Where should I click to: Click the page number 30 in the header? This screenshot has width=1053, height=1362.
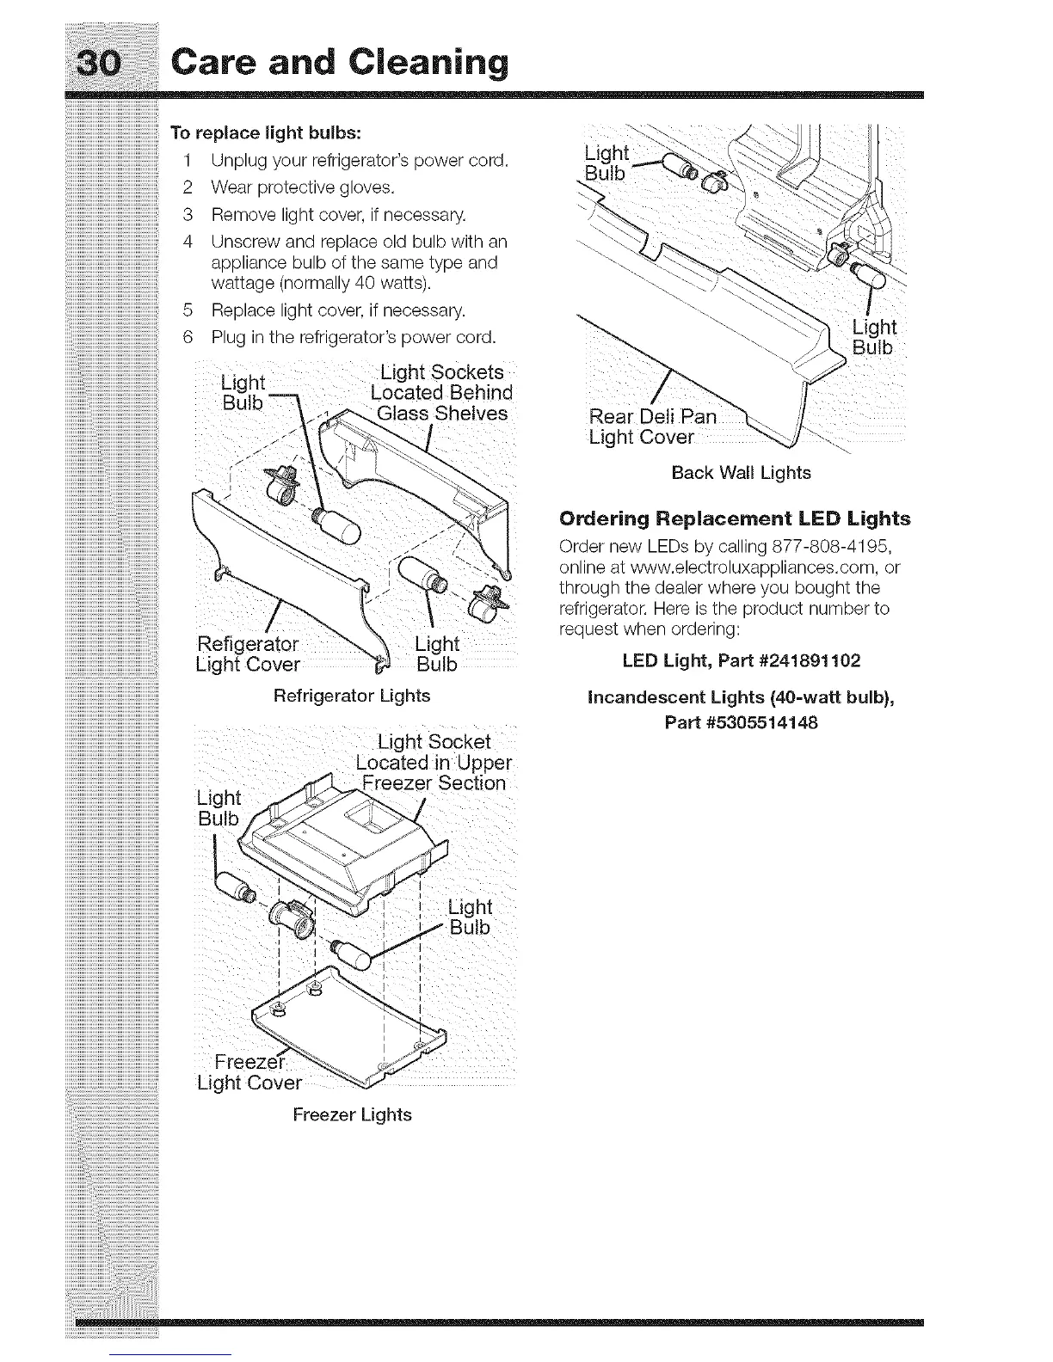(110, 63)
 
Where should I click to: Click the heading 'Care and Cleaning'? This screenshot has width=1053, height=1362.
(337, 62)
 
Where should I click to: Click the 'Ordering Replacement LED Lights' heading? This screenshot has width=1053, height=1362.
(735, 518)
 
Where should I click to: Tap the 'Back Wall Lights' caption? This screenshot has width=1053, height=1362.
(741, 473)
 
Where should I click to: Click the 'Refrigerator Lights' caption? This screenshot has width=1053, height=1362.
(351, 695)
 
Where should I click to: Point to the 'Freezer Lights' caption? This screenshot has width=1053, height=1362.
(352, 1114)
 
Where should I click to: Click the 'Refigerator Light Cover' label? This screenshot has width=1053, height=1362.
(249, 654)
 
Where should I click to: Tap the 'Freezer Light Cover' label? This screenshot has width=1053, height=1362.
(249, 1072)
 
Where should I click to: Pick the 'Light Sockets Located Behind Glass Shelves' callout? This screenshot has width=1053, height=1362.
(441, 393)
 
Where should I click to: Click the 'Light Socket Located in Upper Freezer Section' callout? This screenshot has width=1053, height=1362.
(434, 763)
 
